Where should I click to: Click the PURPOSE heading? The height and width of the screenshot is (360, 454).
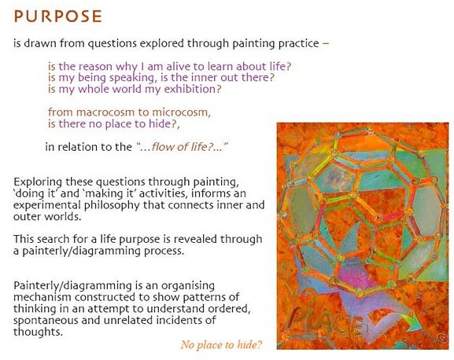tap(58, 17)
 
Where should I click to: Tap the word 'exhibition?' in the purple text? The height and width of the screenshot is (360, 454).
tap(193, 89)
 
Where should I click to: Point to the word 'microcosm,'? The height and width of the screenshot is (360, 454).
tap(182, 112)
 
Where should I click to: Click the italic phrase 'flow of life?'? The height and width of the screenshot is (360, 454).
tap(183, 147)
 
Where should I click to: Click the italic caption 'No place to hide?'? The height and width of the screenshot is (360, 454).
tap(222, 345)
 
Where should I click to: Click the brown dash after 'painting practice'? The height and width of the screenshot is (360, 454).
tap(326, 44)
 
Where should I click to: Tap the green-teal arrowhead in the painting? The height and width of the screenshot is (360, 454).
tap(413, 324)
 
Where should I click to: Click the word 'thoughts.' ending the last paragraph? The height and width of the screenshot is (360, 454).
tap(38, 332)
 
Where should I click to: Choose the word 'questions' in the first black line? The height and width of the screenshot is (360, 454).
tap(112, 44)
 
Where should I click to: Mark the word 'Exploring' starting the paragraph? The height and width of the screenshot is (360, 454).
tap(38, 182)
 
